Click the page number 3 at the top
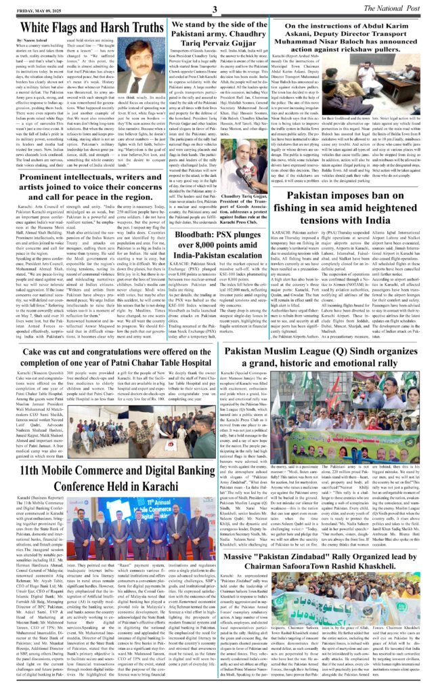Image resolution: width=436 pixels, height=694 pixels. coord(215,9)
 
